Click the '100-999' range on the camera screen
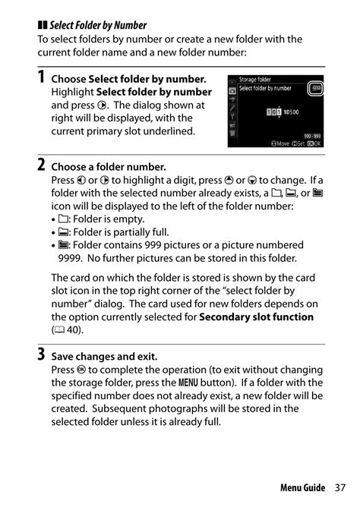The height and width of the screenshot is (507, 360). tap(311, 134)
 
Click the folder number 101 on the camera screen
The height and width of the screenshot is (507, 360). tap(275, 112)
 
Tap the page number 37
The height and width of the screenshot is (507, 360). tap(339, 487)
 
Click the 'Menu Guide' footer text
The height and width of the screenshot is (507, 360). tap(302, 487)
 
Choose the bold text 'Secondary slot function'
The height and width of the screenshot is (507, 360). tap(256, 316)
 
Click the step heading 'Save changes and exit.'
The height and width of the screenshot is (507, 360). tap(103, 355)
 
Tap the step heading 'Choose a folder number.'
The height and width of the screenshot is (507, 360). tap(108, 167)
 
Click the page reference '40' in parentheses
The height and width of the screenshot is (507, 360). tap(74, 329)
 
